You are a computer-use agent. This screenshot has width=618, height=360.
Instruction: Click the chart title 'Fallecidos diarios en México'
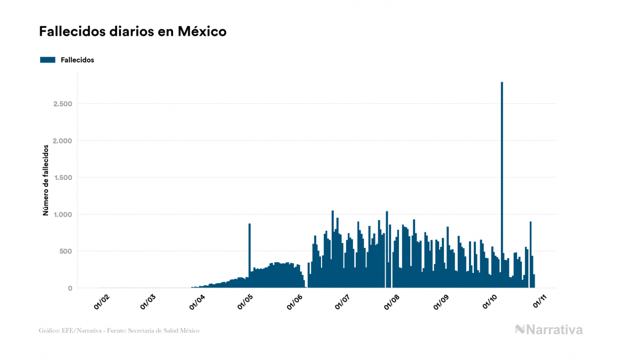point(132,32)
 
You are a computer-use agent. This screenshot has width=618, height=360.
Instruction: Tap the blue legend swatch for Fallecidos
point(48,60)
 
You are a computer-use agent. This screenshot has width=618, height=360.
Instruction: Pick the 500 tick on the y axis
point(66,251)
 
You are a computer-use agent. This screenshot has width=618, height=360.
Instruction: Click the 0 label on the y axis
point(70,288)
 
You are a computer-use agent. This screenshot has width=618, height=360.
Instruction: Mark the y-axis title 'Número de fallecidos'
point(45,179)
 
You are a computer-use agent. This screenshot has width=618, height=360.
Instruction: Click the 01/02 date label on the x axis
point(101,302)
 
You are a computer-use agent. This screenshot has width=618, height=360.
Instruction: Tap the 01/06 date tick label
point(295,302)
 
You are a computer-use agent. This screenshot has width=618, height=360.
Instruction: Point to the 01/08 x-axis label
point(392,302)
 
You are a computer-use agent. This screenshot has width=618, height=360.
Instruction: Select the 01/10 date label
point(490,302)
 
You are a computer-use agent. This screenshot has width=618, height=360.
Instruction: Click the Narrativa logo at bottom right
point(549,330)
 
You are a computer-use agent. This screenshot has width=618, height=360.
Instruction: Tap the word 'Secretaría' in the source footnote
point(138,331)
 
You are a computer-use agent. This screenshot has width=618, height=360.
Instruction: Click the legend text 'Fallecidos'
point(77,60)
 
